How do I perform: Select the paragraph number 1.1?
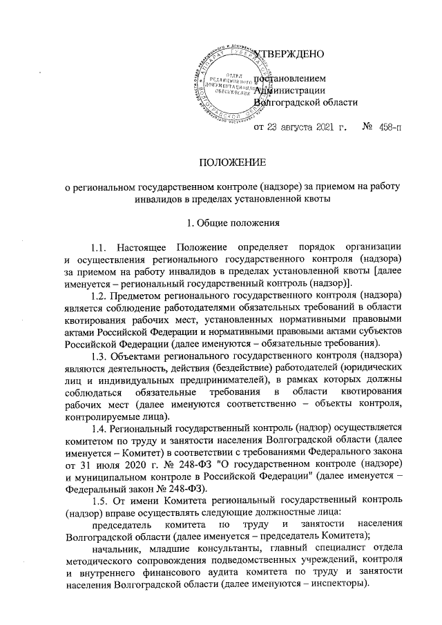99,247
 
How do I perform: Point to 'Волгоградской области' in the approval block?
307,103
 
